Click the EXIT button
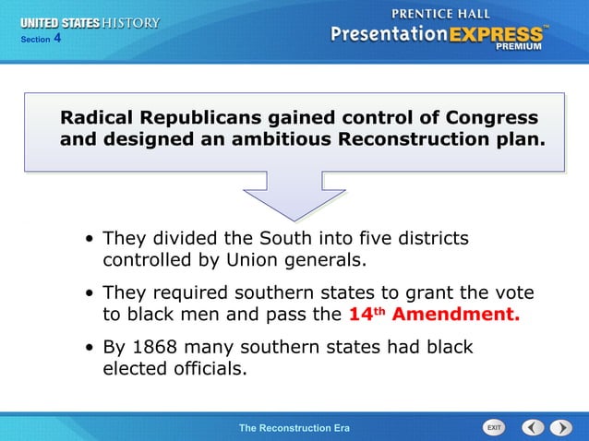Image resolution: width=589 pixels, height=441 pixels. (x=495, y=428)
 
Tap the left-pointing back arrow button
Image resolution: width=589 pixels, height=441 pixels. (x=533, y=428)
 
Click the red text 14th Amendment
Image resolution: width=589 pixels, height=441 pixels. (x=434, y=314)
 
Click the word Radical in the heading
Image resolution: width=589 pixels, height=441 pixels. (x=97, y=118)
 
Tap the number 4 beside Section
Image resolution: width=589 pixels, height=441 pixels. (x=57, y=38)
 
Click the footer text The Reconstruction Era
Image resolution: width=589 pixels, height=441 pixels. (x=294, y=428)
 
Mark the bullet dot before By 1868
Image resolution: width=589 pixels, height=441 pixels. (x=90, y=349)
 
